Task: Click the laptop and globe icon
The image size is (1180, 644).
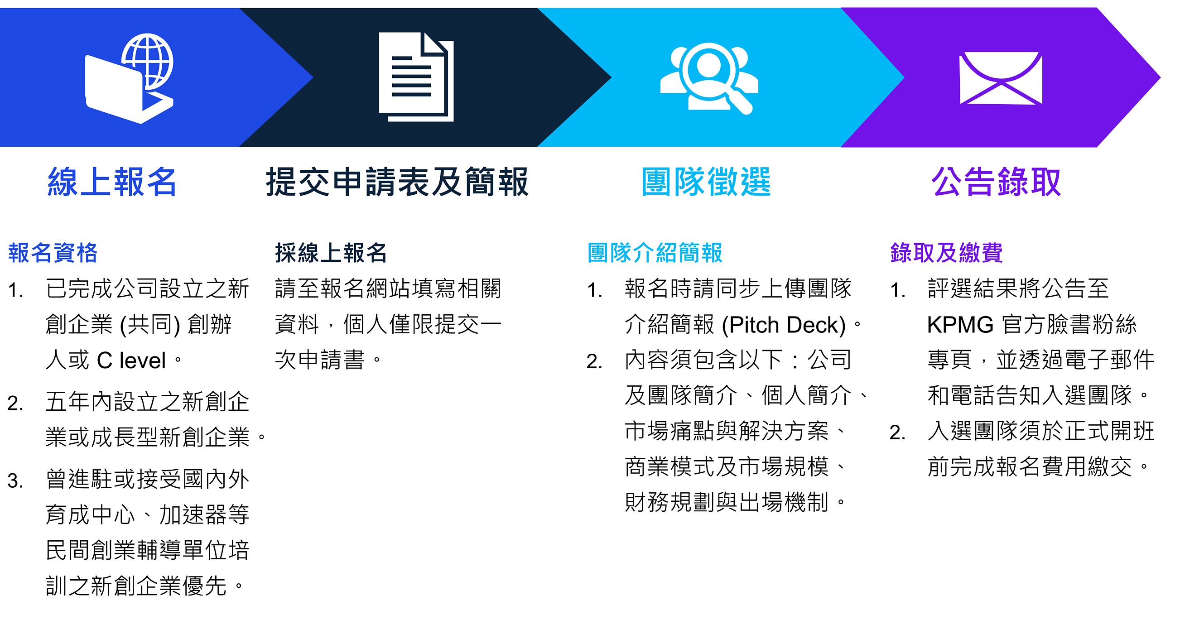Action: point(130,78)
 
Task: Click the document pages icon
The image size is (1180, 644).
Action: point(416,77)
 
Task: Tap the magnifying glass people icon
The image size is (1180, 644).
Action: point(708,78)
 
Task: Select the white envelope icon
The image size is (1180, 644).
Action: point(1001,78)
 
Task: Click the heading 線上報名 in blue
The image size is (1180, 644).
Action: point(112,182)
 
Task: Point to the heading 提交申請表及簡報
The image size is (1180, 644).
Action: point(397,182)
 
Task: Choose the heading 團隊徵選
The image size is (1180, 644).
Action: point(706,182)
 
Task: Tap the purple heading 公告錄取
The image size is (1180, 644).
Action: point(996,182)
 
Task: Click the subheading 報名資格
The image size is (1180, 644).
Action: point(53,253)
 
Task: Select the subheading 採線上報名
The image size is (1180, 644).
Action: point(331,253)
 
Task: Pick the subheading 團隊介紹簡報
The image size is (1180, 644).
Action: point(655,253)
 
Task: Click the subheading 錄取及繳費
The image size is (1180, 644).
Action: point(946,253)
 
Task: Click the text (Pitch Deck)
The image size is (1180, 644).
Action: point(784,325)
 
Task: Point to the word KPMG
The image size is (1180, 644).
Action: point(960,325)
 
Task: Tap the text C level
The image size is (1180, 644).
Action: point(131,360)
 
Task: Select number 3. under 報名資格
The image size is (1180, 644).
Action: point(15,481)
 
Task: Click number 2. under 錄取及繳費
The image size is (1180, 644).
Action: point(898,433)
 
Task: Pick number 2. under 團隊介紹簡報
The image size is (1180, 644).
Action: point(595,362)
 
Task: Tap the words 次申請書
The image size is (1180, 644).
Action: point(320,360)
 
